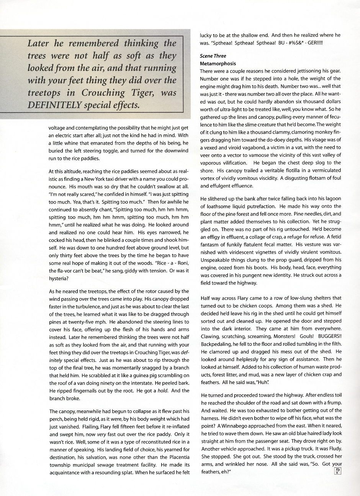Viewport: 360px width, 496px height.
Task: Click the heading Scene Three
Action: (213, 56)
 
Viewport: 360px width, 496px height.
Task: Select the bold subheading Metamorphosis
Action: (218, 64)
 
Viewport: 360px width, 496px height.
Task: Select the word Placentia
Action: (177, 457)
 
